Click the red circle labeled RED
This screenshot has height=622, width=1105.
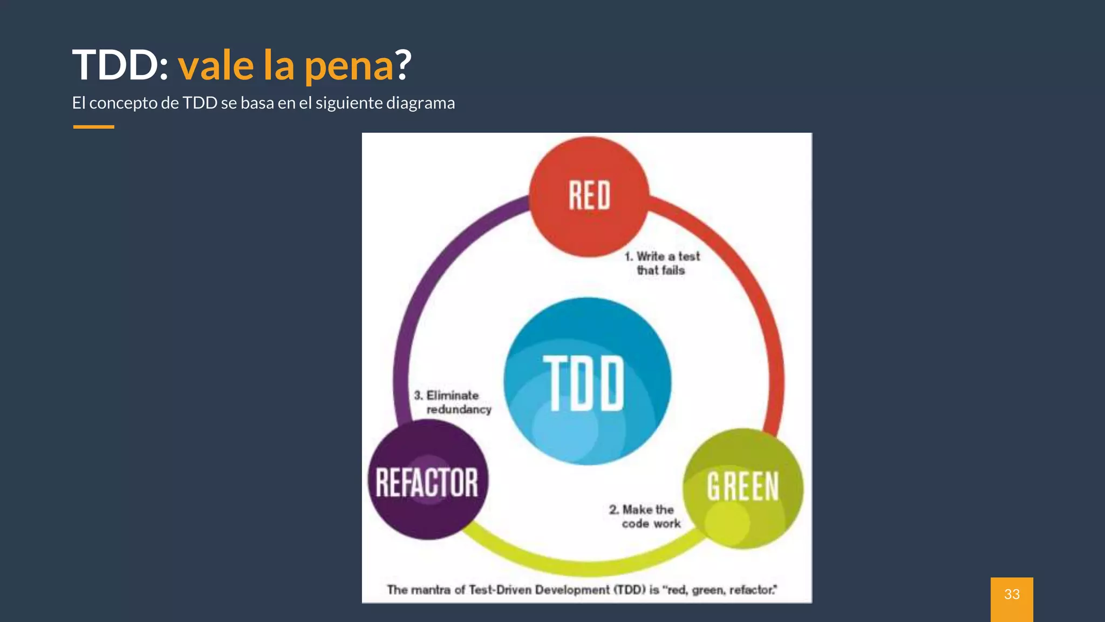[589, 197]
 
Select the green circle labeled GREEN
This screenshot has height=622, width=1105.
[743, 488]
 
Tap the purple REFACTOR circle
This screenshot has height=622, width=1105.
[427, 481]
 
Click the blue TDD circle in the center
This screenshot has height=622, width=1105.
[587, 381]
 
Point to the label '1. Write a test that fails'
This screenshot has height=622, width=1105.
[662, 263]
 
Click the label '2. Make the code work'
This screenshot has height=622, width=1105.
[645, 517]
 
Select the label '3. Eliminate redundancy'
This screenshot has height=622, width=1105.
[452, 402]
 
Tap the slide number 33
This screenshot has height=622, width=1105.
[1012, 594]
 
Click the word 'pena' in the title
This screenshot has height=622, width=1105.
[349, 66]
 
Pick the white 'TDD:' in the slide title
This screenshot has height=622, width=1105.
[120, 65]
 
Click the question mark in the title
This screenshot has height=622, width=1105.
[404, 65]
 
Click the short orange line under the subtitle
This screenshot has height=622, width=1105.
[93, 127]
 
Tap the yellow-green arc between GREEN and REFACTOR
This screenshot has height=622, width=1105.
[583, 567]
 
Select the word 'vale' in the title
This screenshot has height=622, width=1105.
[216, 65]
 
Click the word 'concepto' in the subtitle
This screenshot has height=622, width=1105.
[123, 103]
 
